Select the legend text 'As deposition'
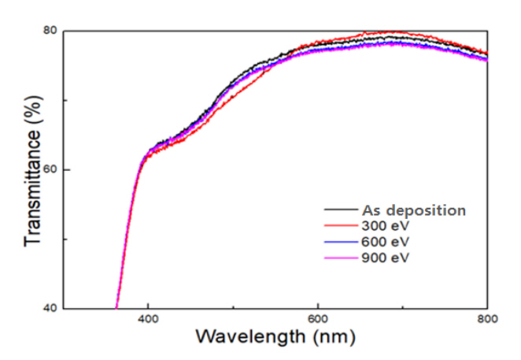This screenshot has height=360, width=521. [413, 210]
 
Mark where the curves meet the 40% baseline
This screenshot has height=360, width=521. [116, 307]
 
